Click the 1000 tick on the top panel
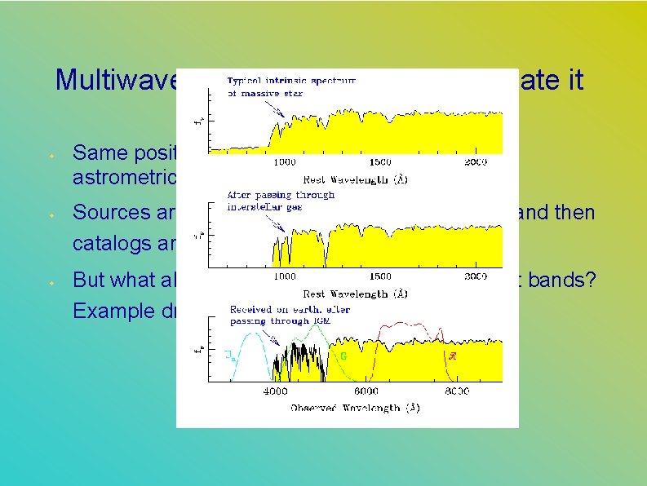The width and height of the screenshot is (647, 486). coord(284,162)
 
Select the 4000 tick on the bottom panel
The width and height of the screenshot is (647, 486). coord(273,391)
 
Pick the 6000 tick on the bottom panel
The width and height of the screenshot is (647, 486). coord(365,391)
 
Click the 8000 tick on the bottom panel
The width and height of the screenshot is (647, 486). coord(456,391)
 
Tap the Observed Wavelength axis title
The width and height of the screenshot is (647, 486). coord(355,407)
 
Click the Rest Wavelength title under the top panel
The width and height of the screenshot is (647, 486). coord(355,179)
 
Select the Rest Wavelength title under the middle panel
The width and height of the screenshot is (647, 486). coord(355,293)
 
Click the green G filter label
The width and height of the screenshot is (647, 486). coord(343,356)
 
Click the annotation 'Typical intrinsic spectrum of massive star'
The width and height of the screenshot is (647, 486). coord(290,87)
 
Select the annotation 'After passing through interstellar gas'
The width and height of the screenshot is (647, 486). coord(281,201)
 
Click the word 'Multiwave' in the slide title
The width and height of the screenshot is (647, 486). coord(114,80)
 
